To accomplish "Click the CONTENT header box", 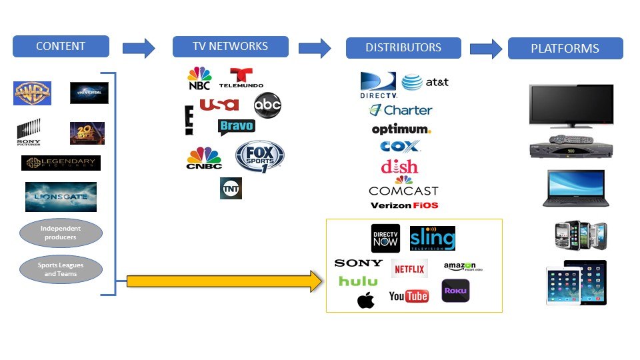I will click(x=61, y=47).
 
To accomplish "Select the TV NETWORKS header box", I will click(x=230, y=47).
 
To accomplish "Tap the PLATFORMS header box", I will click(x=565, y=49).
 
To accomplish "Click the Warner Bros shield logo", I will click(x=32, y=93).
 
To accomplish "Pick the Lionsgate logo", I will click(x=61, y=197).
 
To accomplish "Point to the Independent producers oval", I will click(x=61, y=233).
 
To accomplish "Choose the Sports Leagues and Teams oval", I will click(x=61, y=269).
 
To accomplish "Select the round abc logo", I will click(x=267, y=105).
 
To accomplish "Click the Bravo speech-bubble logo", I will click(x=236, y=126).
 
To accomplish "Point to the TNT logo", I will click(x=231, y=189).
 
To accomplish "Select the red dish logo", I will click(x=399, y=167).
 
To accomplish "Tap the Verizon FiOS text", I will click(x=404, y=205).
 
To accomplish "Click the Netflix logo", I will click(x=409, y=269).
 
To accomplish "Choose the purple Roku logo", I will click(x=455, y=291).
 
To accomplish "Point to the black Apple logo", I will click(x=366, y=301).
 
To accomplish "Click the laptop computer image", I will click(x=573, y=189).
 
